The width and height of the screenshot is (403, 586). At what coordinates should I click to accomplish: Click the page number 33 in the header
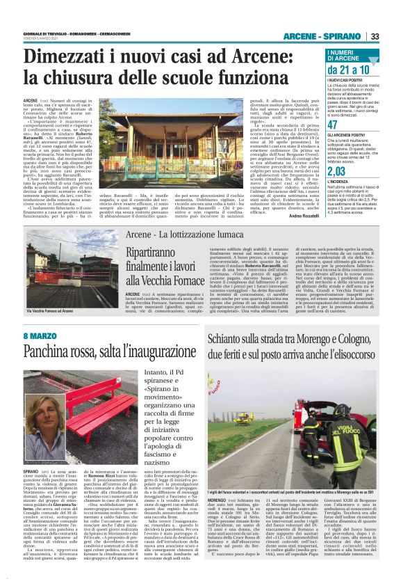(375, 35)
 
